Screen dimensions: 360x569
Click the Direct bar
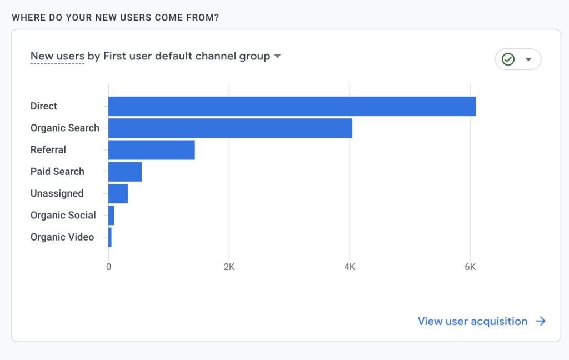pos(292,106)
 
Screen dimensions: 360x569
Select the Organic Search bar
pos(230,128)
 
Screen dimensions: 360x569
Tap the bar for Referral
pos(151,150)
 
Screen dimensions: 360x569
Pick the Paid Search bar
pos(125,172)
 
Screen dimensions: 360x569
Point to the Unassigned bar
pos(118,193)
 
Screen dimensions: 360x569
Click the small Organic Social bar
pos(111,215)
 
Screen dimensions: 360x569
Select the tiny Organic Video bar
pos(110,237)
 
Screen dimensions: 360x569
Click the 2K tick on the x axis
pos(229,267)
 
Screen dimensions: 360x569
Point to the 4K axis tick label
pos(350,267)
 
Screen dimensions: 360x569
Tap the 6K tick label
pos(470,267)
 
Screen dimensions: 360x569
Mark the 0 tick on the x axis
pos(108,267)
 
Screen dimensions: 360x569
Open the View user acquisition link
pos(472,321)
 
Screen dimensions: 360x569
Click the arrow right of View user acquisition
pos(541,321)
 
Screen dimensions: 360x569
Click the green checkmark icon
pos(508,59)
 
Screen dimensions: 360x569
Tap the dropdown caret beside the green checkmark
pos(528,59)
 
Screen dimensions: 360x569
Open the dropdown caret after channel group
pos(277,56)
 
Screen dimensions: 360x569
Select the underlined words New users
pos(57,56)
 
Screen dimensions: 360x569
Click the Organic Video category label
pos(62,237)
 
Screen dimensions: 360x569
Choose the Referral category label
pos(48,150)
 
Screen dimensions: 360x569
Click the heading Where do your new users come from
pos(115,17)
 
